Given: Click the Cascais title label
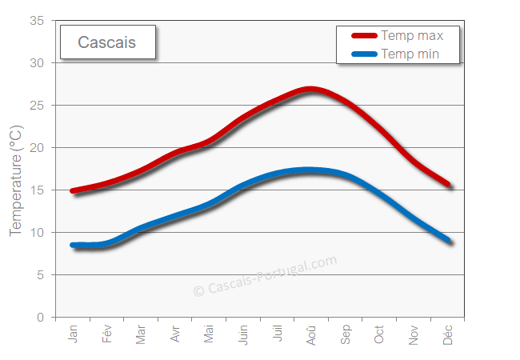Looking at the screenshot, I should pos(106,42).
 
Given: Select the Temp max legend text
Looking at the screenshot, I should pos(412,35).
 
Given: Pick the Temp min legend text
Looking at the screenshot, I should pos(410,54).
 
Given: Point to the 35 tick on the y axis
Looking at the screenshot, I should pos(37,21).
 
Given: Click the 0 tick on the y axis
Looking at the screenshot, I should pos(40,318).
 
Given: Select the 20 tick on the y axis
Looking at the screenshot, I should pos(37,148).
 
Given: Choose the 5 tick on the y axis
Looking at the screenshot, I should pos(40,275).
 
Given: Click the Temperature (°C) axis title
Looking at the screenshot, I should pos(16,180).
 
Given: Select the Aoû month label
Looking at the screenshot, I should pos(312,334).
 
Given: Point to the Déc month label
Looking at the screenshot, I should pos(448,334).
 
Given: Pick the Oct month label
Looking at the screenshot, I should pos(380,334).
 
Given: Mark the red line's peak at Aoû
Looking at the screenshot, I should pos(310,90).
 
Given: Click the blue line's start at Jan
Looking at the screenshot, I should pos(74,245).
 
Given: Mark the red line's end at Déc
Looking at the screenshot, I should pos(450,185).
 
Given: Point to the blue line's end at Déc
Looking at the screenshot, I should pos(450,241).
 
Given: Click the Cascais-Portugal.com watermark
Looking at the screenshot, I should pos(266,275).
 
